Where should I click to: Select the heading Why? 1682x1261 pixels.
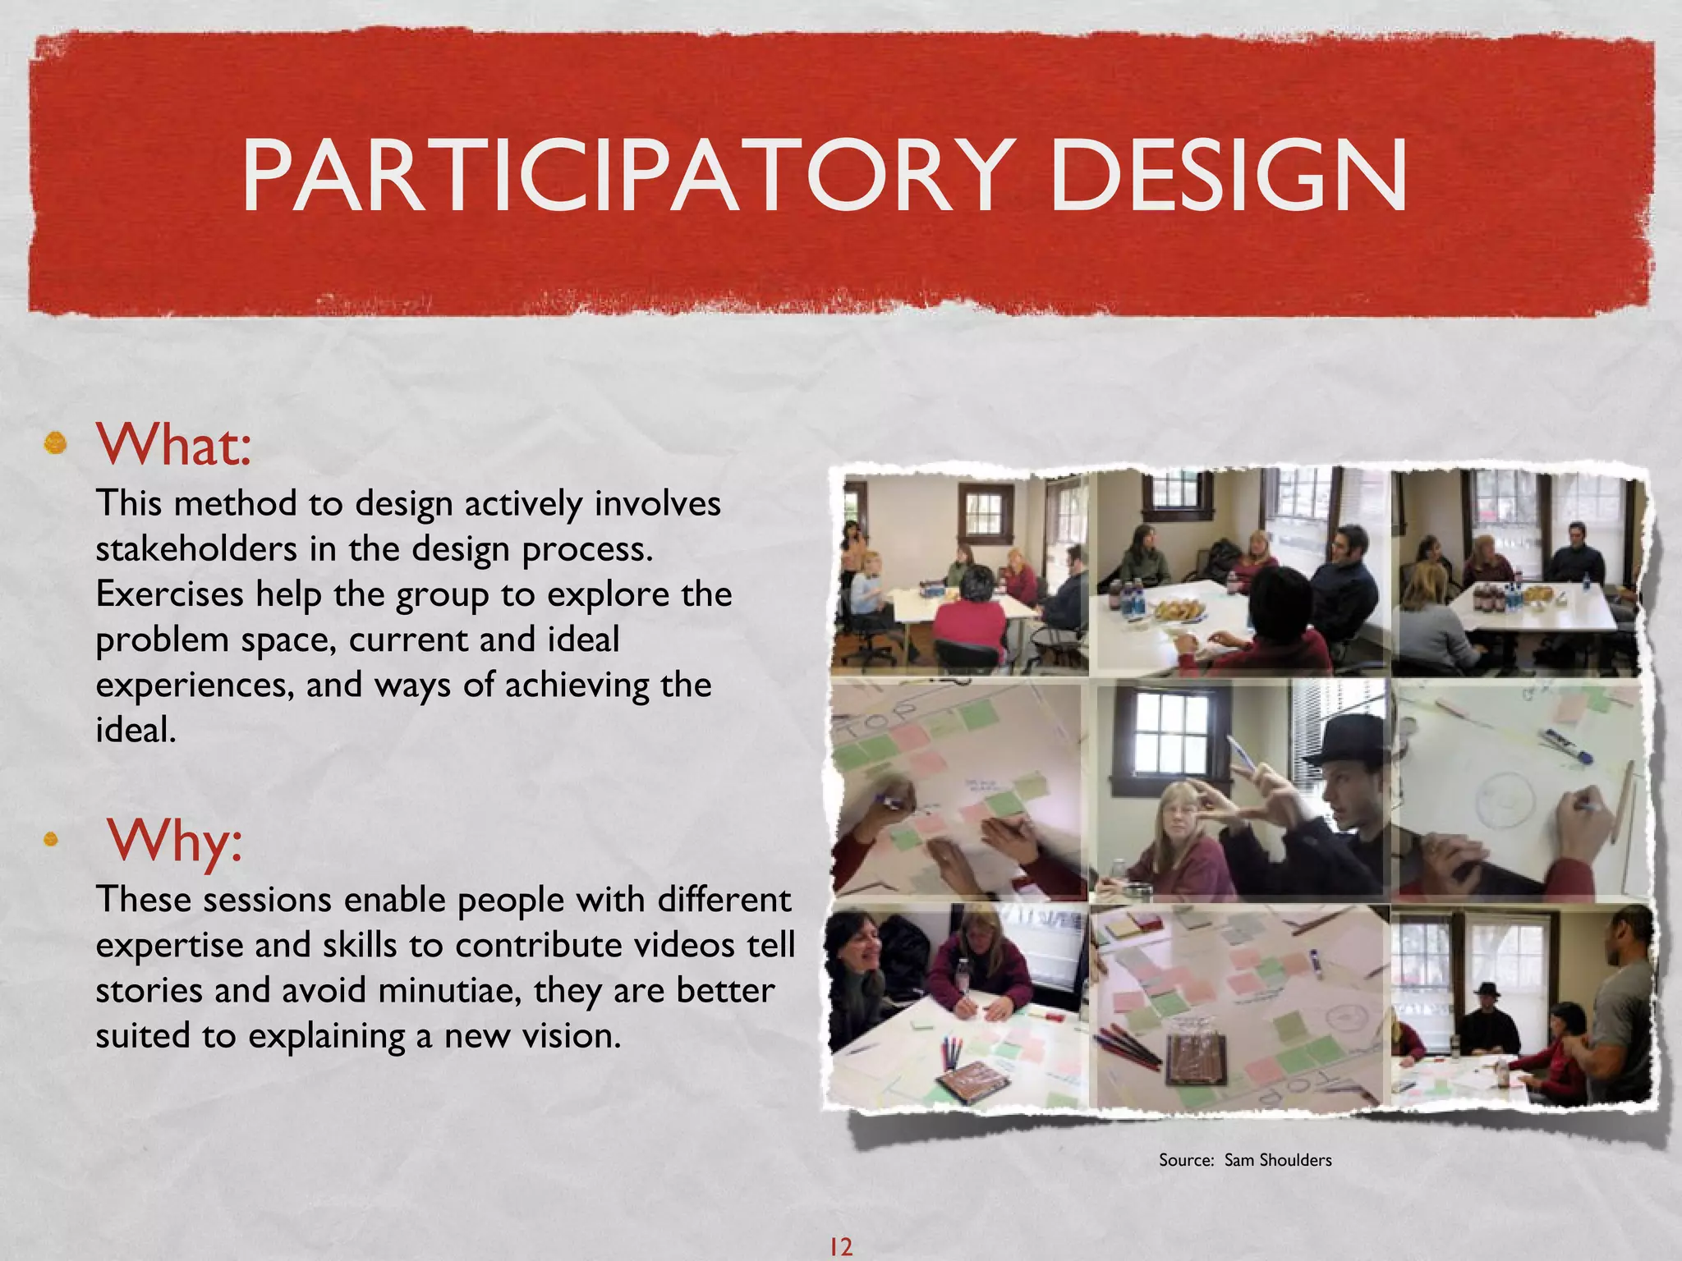(175, 841)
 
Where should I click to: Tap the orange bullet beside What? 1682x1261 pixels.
(55, 444)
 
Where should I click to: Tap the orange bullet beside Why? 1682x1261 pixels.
(51, 839)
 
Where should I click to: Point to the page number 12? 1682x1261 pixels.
(840, 1247)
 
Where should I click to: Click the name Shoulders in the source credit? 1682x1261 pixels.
(1295, 1160)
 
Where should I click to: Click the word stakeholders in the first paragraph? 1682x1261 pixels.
(196, 548)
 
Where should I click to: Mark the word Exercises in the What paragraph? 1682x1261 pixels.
(169, 594)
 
